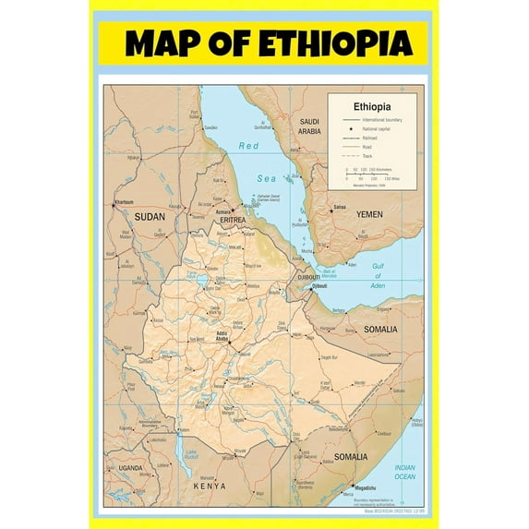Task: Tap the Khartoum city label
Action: [123, 201]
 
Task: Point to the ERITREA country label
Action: [236, 219]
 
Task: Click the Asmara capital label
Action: [223, 211]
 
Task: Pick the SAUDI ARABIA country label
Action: [308, 126]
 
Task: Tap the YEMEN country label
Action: [369, 214]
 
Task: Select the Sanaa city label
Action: [340, 208]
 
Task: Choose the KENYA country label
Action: [209, 486]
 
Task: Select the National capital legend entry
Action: [378, 129]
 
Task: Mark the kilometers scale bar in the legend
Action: [366, 171]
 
